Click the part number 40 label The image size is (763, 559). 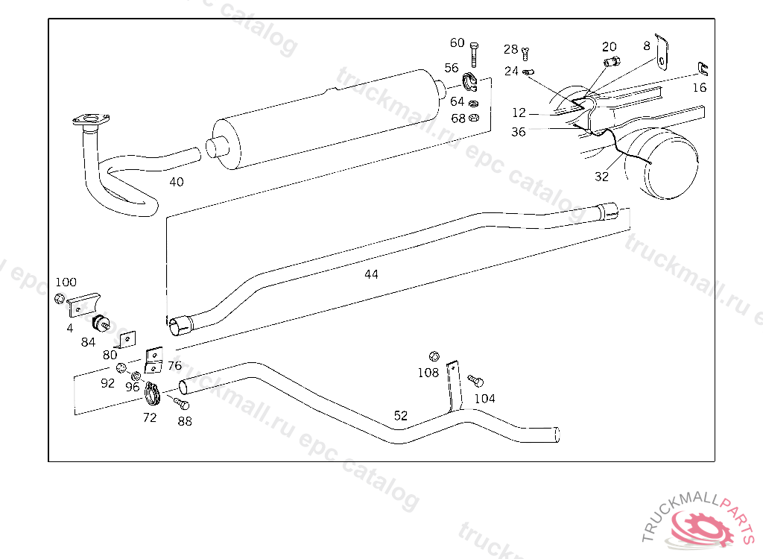(176, 182)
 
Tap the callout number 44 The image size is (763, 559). (371, 274)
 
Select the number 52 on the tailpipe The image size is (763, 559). (400, 416)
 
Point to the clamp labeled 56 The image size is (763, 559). (470, 82)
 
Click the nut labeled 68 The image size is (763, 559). (473, 118)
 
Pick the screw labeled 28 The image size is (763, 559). (525, 53)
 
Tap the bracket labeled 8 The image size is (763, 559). (662, 53)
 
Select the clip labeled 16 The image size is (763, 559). (703, 69)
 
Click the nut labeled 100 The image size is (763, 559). (60, 298)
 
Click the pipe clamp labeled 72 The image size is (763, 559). (153, 394)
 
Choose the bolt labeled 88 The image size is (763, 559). (181, 402)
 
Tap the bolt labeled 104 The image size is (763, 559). (475, 381)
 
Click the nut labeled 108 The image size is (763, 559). (434, 356)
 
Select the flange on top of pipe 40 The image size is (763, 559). (91, 119)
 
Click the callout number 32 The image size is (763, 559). (601, 177)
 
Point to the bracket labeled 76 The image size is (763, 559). (153, 360)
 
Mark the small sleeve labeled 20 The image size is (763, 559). (612, 62)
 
